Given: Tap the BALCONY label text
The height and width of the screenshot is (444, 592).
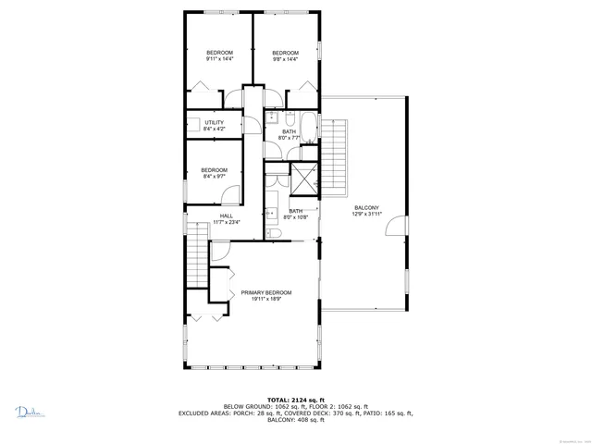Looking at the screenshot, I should (x=366, y=207).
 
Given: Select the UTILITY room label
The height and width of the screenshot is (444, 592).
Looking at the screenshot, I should (x=214, y=122).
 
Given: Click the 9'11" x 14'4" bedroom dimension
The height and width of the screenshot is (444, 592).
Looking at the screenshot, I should (x=219, y=58).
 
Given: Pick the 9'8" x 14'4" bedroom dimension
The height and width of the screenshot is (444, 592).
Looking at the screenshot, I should (x=285, y=58).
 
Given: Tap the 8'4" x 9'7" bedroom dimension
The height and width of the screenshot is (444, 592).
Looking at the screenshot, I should (x=214, y=176).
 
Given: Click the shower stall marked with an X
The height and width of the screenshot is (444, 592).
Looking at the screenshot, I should (x=302, y=176).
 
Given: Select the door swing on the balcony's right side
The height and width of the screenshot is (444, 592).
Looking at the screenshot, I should (x=396, y=228).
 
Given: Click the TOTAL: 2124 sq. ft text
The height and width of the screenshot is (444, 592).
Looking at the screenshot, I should (x=295, y=400).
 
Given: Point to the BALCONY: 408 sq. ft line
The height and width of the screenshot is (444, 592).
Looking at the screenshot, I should (x=295, y=420).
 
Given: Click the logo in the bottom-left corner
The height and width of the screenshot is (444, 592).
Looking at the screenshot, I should (x=29, y=412).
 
